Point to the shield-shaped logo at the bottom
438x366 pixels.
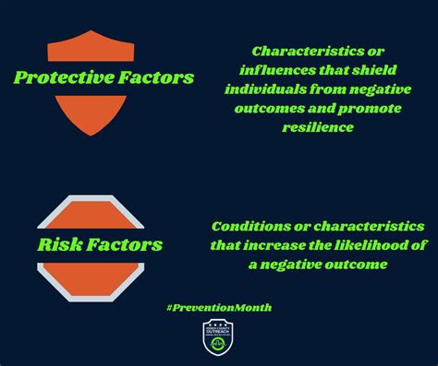[x=218, y=337]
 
